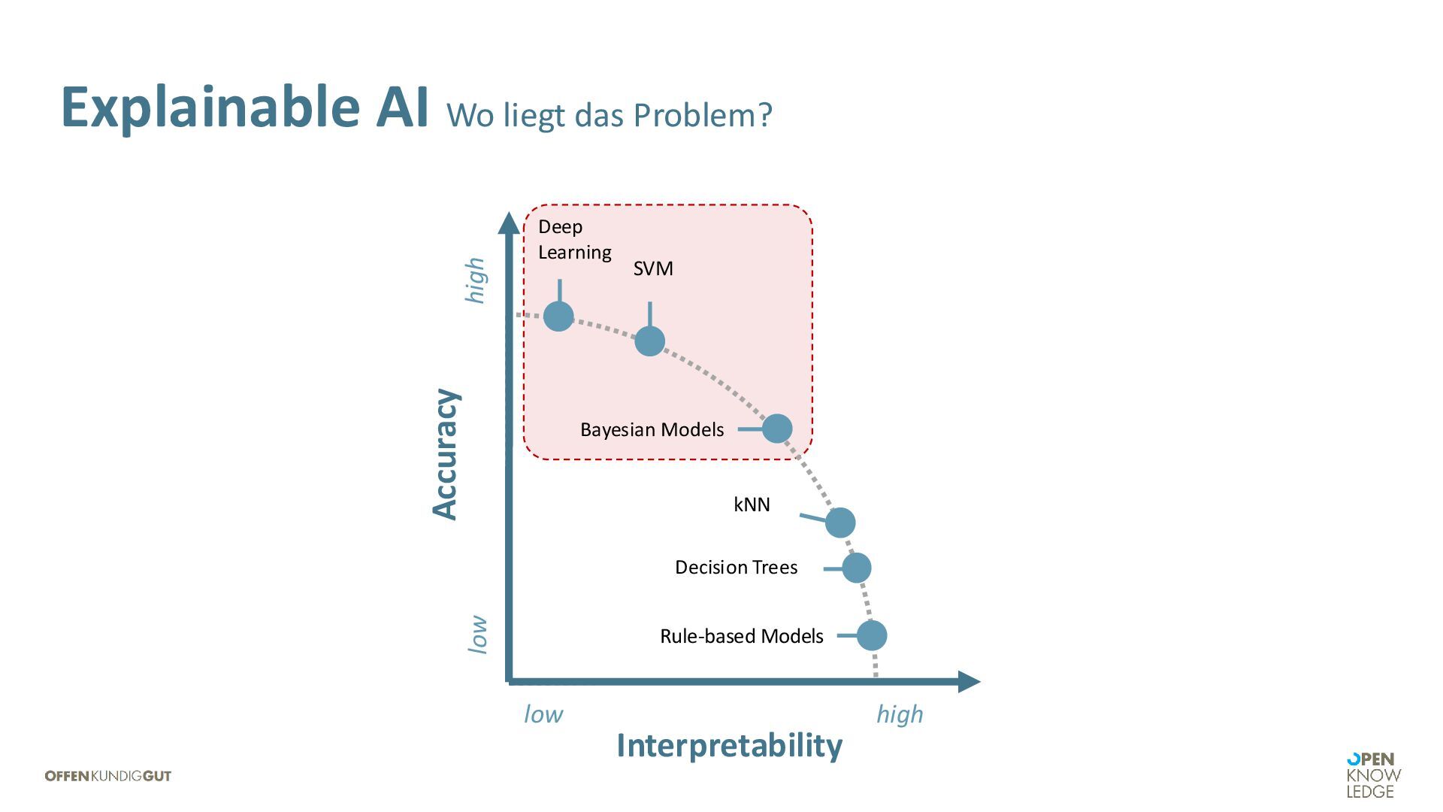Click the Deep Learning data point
pos(558,317)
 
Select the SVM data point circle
pos(650,341)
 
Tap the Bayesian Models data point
pos(777,429)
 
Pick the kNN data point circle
pos(840,522)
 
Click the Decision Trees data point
pos(857,568)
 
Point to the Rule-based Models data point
pos(872,635)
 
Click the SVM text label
pos(653,268)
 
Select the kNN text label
pos(752,504)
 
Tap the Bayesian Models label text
pos(652,429)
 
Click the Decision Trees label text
pos(736,567)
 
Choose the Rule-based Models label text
pos(741,636)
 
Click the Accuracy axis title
pos(445,454)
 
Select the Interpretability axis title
pos(729,746)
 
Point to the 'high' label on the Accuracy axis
pos(476,280)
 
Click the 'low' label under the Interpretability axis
pos(543,714)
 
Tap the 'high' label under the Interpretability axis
pos(900,714)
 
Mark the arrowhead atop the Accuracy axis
pos(509,223)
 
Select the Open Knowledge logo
pos(1373,775)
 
